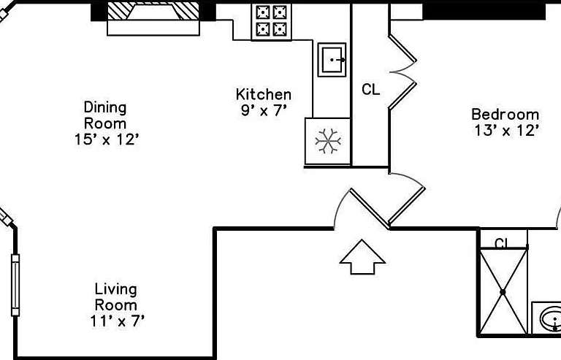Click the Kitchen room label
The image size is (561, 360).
tap(264, 94)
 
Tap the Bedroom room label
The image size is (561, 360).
tap(505, 115)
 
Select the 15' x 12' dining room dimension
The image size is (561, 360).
tap(106, 139)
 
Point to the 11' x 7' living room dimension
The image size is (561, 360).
tap(118, 321)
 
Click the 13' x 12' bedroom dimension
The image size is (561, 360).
tap(507, 131)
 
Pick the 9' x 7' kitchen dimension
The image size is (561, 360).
tap(264, 110)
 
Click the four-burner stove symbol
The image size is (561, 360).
tap(272, 21)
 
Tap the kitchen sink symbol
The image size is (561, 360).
tap(332, 60)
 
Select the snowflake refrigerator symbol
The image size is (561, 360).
tap(328, 141)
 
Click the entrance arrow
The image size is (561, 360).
tap(362, 257)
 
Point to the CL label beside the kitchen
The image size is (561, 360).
tap(370, 89)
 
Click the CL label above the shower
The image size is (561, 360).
tap(502, 243)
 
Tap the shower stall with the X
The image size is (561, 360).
tap(503, 291)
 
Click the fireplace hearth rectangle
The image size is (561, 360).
tap(153, 28)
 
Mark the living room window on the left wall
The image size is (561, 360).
tap(15, 285)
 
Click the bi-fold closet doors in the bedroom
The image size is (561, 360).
tap(403, 72)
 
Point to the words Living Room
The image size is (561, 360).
tap(116, 297)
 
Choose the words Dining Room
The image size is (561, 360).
tap(105, 115)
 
